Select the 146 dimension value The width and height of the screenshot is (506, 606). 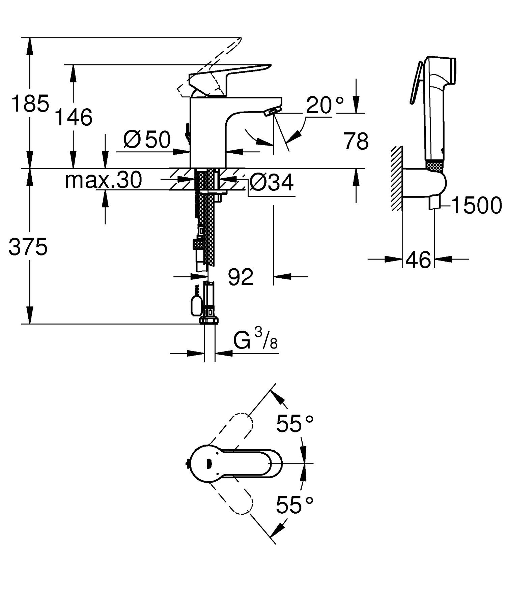[74, 117]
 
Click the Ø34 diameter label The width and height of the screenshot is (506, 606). [272, 183]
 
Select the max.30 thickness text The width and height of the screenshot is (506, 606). [103, 180]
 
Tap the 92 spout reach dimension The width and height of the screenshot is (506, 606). [241, 277]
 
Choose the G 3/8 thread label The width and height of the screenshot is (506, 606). [255, 342]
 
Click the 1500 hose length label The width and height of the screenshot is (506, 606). [476, 206]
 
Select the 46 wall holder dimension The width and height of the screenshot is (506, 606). [418, 260]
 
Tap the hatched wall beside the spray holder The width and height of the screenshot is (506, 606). [397, 179]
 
